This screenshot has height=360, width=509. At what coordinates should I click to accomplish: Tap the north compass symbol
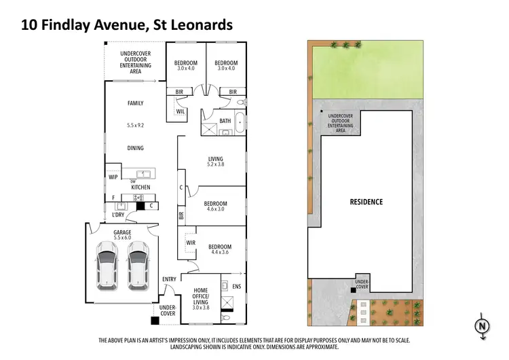482,325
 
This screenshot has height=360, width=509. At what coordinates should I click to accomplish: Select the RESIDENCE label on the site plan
366,202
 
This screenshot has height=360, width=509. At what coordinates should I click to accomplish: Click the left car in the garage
108,262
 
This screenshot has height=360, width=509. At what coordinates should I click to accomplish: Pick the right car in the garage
138,262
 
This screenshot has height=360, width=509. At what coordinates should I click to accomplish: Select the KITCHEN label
140,187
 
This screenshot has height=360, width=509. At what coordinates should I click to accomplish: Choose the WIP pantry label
113,177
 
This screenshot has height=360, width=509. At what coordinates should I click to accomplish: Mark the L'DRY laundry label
118,215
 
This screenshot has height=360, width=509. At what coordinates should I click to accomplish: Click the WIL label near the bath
181,111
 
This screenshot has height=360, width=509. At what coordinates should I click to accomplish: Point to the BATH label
225,121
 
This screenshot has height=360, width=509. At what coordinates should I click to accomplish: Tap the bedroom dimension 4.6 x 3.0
215,209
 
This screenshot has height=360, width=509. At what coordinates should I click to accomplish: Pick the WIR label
191,242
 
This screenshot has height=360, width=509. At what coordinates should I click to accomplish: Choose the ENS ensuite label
235,286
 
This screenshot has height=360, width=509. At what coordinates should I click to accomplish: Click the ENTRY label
169,279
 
